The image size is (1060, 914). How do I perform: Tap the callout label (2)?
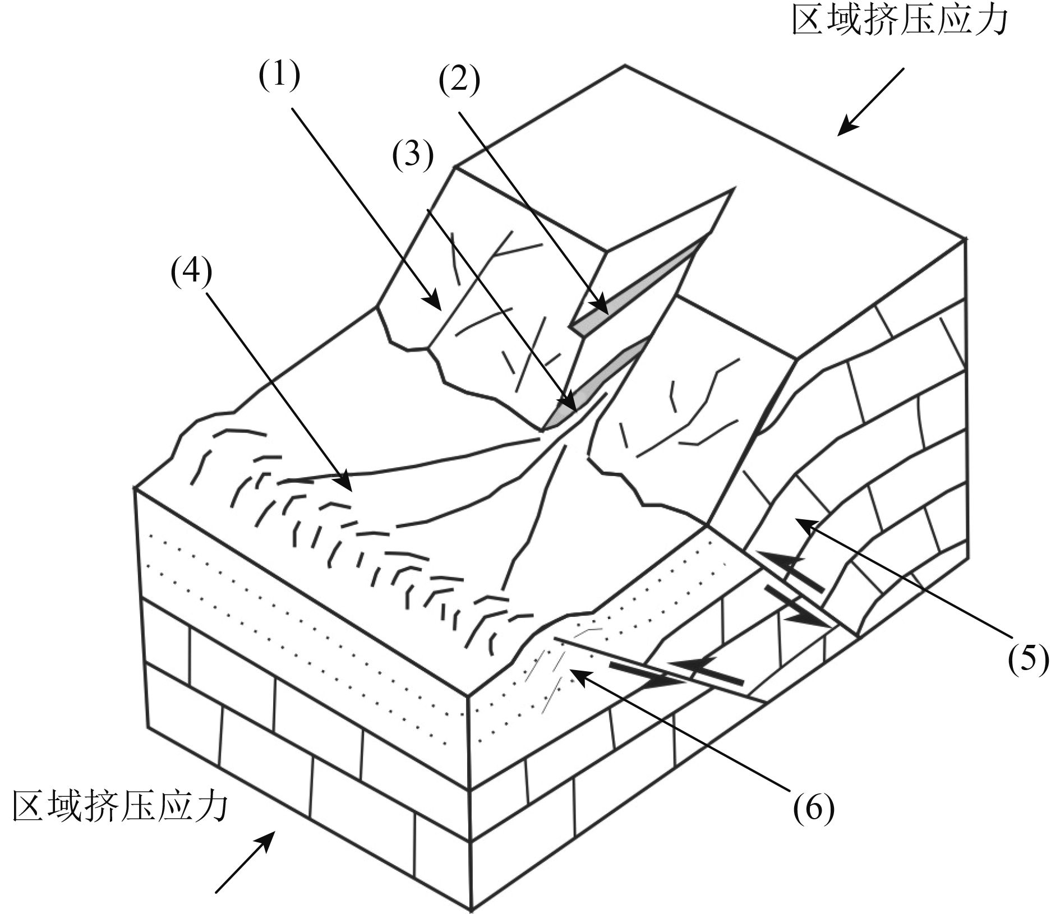pyautogui.click(x=459, y=81)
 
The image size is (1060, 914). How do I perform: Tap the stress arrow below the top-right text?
pyautogui.click(x=871, y=101)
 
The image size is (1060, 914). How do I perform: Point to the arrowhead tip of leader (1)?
pyautogui.click(x=441, y=309)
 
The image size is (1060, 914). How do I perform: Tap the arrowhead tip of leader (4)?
pyautogui.click(x=352, y=491)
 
